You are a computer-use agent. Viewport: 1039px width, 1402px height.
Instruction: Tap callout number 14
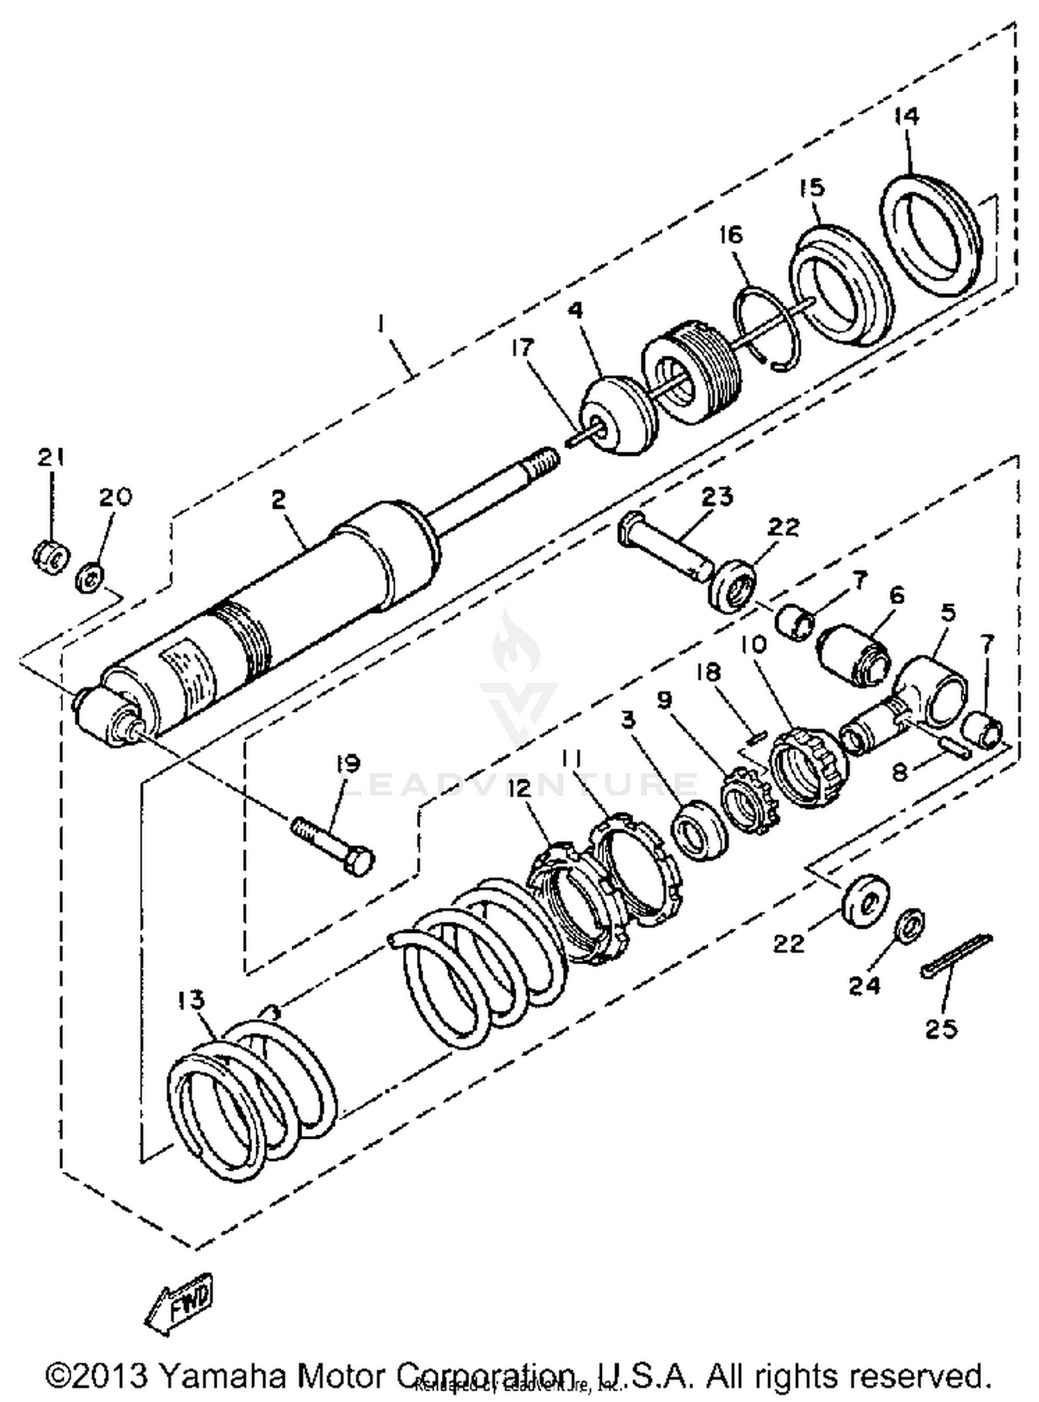[905, 116]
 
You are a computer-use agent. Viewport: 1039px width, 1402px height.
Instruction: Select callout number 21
[50, 458]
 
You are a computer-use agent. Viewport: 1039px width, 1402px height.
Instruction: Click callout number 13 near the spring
[191, 998]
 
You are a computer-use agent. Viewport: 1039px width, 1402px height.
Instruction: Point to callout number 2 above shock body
[278, 499]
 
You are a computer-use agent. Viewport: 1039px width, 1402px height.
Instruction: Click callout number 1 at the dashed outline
[380, 323]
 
